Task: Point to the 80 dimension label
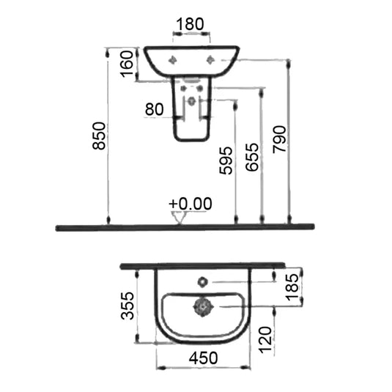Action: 154,109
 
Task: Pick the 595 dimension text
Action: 226,161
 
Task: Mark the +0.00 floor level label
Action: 189,203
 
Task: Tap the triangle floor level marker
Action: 177,217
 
